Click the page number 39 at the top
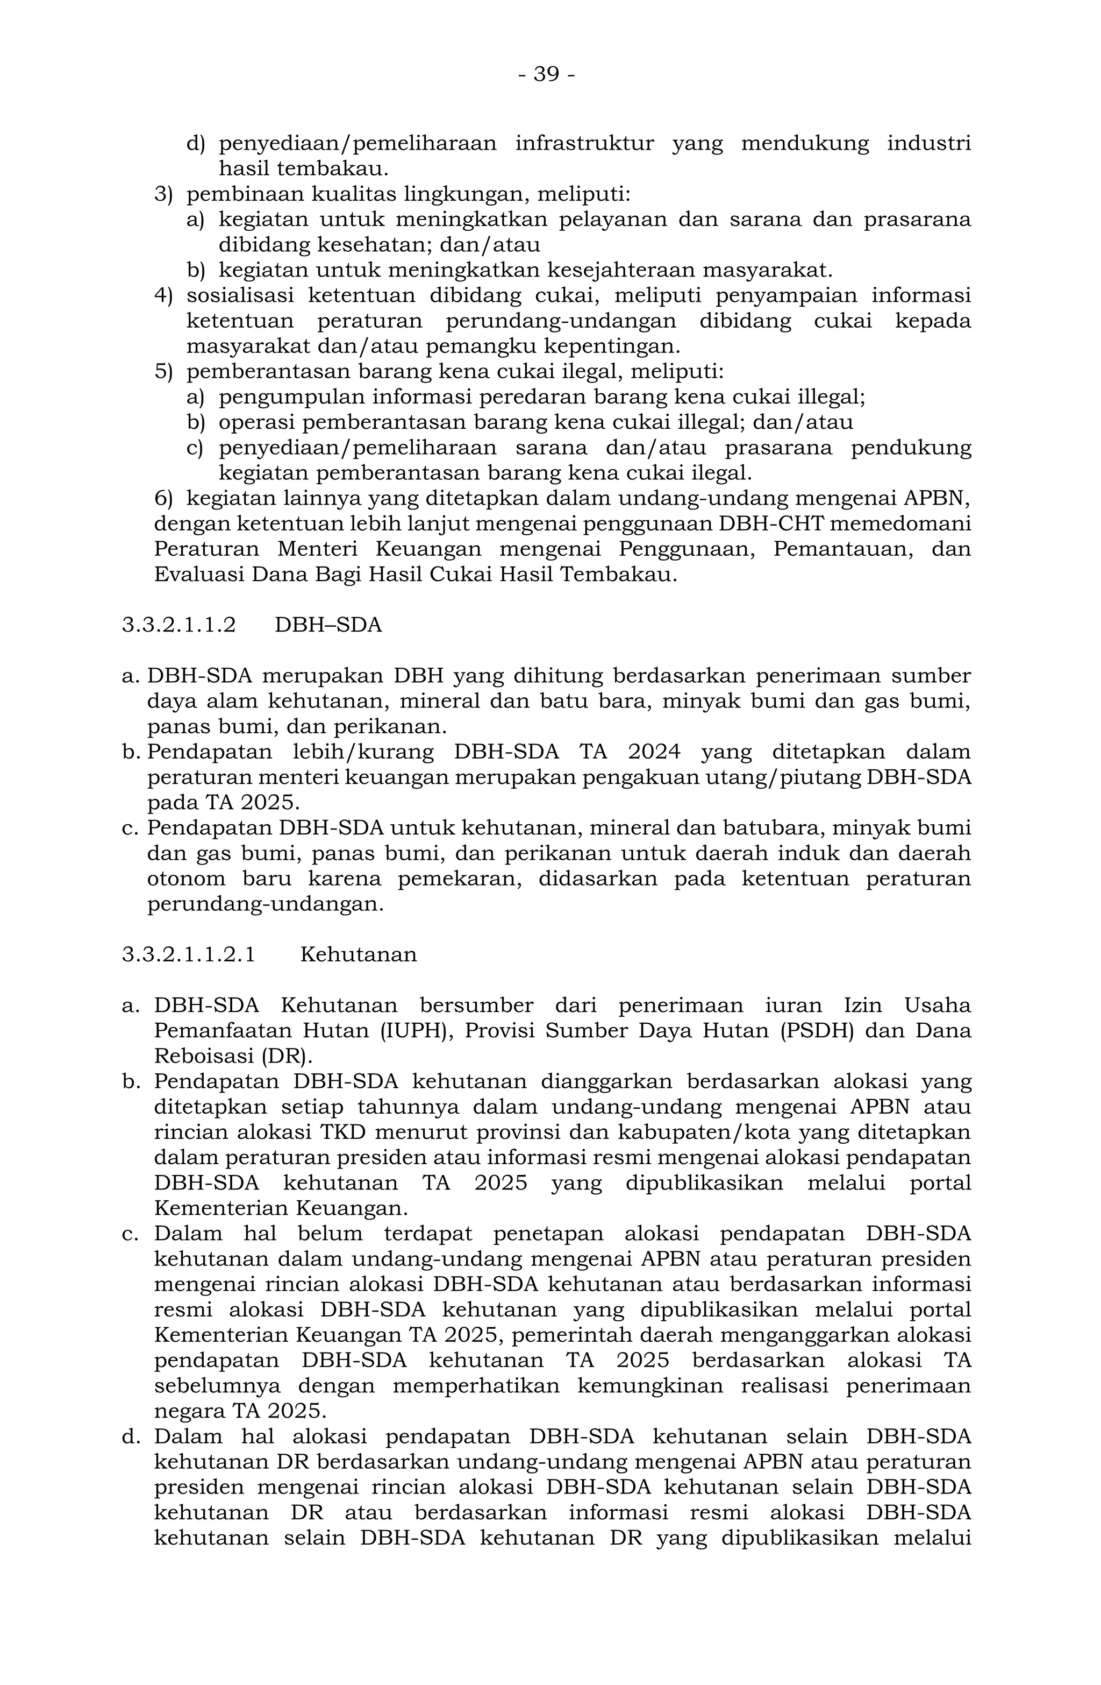[546, 74]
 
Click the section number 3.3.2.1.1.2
[179, 625]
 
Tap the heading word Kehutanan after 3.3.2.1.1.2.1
[358, 955]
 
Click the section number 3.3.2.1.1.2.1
[188, 955]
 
